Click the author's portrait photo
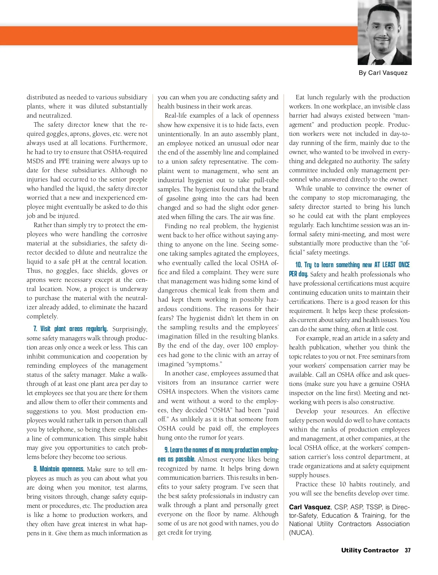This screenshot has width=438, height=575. pyautogui.click(x=384, y=32)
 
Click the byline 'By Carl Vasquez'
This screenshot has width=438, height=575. pyautogui.click(x=383, y=73)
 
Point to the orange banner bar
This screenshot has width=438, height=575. pyautogui.click(x=179, y=36)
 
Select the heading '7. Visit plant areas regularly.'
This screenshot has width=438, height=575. pyautogui.click(x=71, y=329)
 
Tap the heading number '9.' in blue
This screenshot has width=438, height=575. pyautogui.click(x=166, y=450)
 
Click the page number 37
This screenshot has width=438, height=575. pyautogui.click(x=407, y=550)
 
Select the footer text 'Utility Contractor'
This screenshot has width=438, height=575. pyautogui.click(x=370, y=550)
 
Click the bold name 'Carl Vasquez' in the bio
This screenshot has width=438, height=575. pyautogui.click(x=310, y=507)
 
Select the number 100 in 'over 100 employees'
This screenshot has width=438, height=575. pyautogui.click(x=247, y=345)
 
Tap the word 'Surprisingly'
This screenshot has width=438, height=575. pyautogui.click(x=129, y=329)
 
